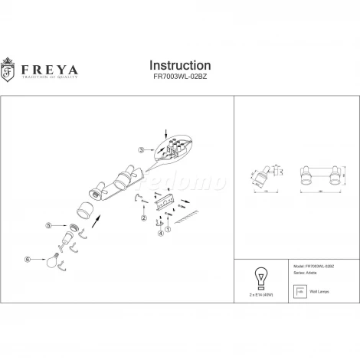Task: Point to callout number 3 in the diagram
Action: click(x=142, y=149)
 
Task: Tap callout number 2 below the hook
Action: click(x=143, y=219)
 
